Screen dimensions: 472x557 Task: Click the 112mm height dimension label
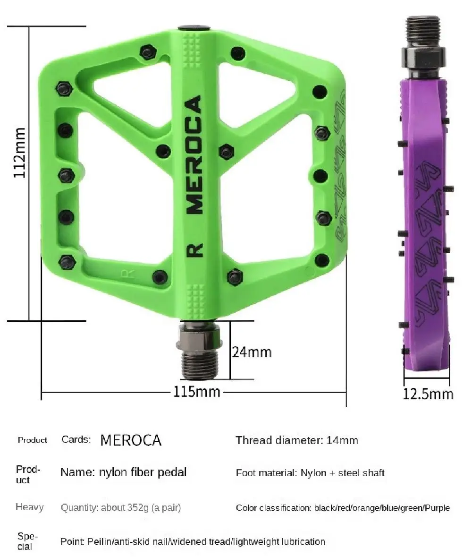click(19, 153)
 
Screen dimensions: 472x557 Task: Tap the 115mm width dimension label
click(197, 392)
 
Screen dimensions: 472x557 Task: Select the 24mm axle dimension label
click(252, 352)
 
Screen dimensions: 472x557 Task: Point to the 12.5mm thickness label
click(428, 394)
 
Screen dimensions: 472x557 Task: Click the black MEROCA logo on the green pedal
click(194, 154)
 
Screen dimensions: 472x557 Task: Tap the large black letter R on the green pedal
click(194, 250)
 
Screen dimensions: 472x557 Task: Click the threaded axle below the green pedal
click(200, 350)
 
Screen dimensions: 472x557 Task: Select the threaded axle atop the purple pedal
click(423, 46)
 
